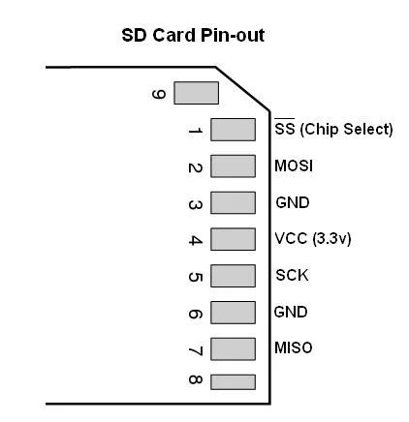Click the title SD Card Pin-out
tap(193, 35)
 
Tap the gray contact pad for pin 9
tap(196, 93)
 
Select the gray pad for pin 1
tap(233, 130)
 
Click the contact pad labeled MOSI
tap(233, 166)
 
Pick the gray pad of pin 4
tap(233, 239)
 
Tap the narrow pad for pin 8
tap(233, 382)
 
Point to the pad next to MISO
tap(233, 349)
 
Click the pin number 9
tap(159, 94)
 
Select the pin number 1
tap(195, 131)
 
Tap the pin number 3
tap(195, 205)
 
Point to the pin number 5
tap(195, 277)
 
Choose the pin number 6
tap(195, 314)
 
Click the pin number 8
tap(195, 379)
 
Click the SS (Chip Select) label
tap(333, 129)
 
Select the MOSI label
tap(294, 166)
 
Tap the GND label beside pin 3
tap(293, 202)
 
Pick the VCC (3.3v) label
tap(312, 239)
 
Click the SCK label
tap(292, 275)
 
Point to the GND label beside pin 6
tap(291, 312)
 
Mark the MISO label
tap(293, 347)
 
